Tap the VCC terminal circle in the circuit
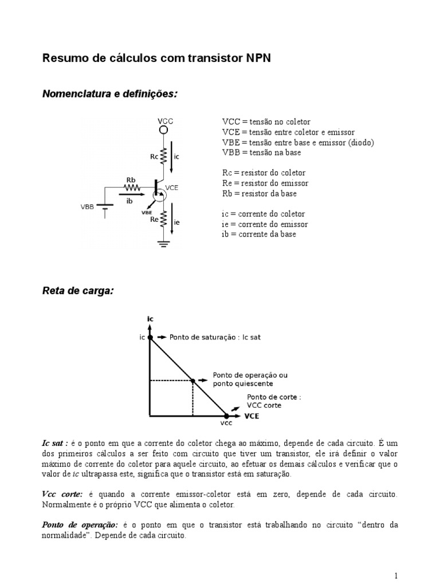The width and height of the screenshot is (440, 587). tap(163, 130)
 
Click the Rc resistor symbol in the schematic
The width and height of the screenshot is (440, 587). tap(163, 155)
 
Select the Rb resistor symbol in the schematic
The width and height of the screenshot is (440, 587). tap(132, 187)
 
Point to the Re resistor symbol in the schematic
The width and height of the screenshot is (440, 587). tap(163, 218)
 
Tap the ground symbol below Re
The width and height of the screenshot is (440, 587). tap(163, 244)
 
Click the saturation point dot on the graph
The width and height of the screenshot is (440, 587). tap(151, 338)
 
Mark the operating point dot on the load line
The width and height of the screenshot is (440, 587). tap(193, 380)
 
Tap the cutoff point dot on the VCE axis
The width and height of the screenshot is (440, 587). tap(226, 416)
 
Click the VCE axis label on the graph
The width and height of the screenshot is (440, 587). tap(252, 416)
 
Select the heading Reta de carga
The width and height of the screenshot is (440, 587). tap(78, 291)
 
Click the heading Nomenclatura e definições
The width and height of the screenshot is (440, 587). tap(110, 93)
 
